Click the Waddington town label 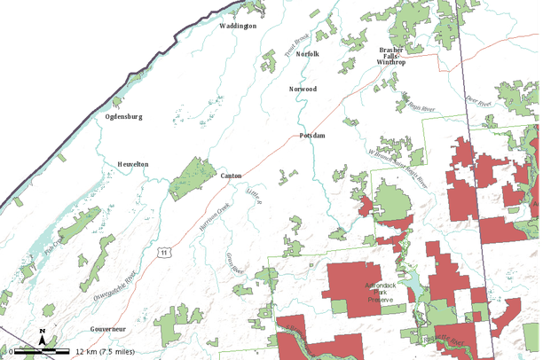click(238, 26)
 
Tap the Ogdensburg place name click(123, 116)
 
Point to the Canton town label click(231, 176)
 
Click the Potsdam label click(312, 135)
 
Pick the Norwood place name click(303, 89)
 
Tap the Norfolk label click(307, 54)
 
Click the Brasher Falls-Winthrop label click(391, 56)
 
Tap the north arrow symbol click(42, 335)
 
